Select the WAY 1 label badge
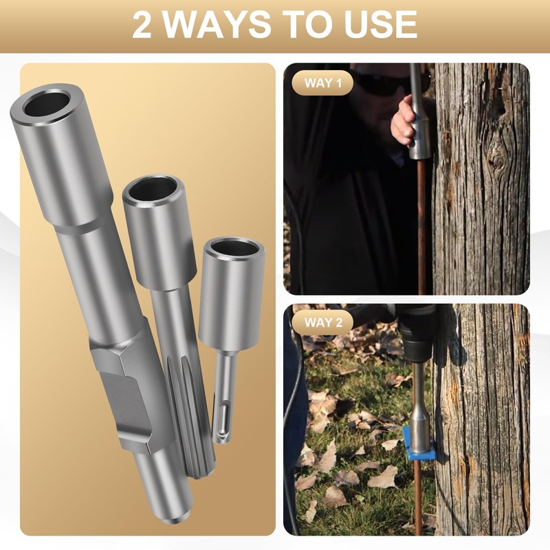(x=322, y=84)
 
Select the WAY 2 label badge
(x=322, y=322)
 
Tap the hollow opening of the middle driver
(x=153, y=188)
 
